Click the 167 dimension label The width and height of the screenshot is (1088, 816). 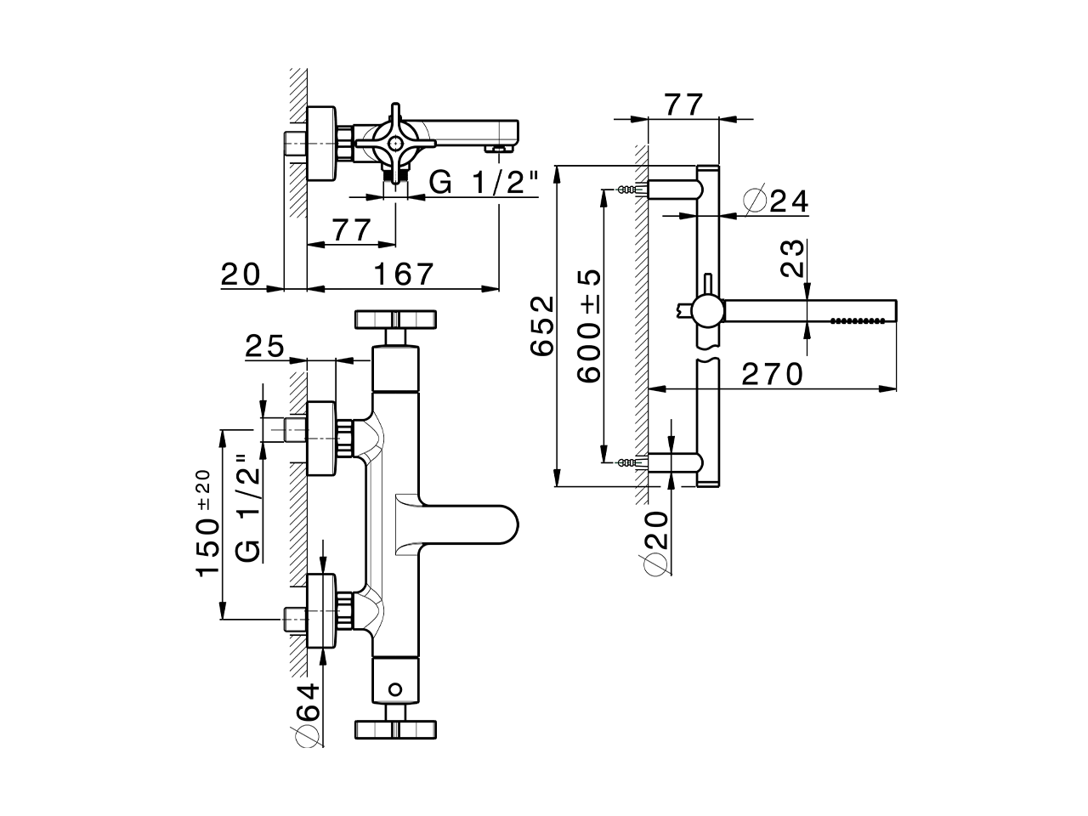tap(404, 274)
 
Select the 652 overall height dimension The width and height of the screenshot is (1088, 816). tap(541, 326)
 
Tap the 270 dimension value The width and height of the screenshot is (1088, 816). tap(772, 374)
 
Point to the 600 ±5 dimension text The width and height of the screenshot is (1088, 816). tap(588, 326)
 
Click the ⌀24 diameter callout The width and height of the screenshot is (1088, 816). tap(774, 201)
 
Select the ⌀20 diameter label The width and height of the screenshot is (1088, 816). tap(654, 543)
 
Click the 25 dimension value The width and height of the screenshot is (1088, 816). tap(263, 347)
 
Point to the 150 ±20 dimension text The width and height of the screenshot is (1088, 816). tap(207, 524)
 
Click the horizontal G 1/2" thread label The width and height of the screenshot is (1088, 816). tap(483, 182)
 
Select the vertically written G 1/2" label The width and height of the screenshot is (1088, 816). tap(246, 508)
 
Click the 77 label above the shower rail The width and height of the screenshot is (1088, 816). tap(683, 105)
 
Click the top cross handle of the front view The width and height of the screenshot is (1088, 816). tap(396, 319)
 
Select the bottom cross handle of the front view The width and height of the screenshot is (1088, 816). tap(396, 728)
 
